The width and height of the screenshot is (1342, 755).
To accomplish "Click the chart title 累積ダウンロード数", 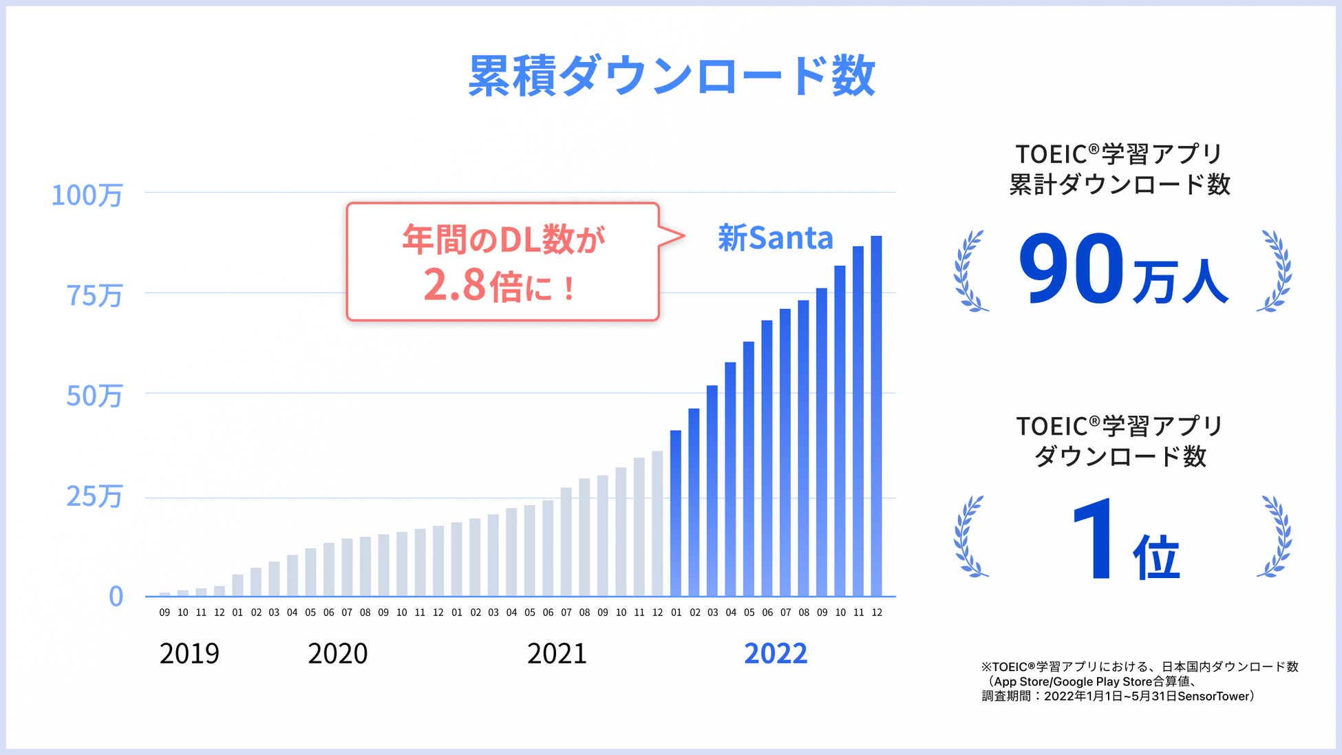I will (671, 76).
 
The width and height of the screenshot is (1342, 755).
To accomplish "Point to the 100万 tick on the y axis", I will (87, 195).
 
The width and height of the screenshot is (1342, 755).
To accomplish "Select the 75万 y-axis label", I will (94, 296).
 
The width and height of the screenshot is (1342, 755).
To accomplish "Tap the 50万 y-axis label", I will (94, 396).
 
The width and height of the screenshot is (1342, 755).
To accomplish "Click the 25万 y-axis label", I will (94, 497).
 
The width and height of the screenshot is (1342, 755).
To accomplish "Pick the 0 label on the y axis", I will (116, 597).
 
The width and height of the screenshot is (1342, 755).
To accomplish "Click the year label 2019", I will (189, 653).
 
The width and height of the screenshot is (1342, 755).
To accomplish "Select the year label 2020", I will (338, 653).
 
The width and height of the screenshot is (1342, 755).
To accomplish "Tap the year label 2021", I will (557, 653).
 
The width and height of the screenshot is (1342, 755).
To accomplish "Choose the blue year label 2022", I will (776, 653).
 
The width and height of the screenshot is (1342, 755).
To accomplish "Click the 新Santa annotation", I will (776, 238).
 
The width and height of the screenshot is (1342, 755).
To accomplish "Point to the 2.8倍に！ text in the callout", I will (500, 286).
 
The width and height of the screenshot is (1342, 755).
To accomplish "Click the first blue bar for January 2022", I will (676, 513).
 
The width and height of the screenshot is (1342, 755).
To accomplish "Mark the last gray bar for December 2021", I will (657, 523).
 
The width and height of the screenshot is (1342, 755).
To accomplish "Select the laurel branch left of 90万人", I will (970, 271).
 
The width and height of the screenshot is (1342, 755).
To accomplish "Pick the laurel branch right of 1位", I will (1275, 537).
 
